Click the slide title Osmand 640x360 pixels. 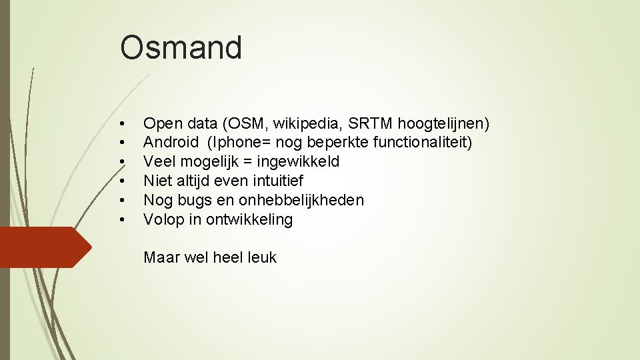(x=181, y=48)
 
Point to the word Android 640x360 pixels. (x=171, y=142)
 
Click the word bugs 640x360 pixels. (x=194, y=200)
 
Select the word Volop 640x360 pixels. (x=163, y=219)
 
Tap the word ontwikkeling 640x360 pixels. (x=249, y=219)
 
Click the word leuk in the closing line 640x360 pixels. (x=261, y=257)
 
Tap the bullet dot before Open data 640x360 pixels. (x=122, y=124)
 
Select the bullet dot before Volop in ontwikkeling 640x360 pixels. (x=122, y=220)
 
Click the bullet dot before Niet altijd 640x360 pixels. (x=122, y=181)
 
